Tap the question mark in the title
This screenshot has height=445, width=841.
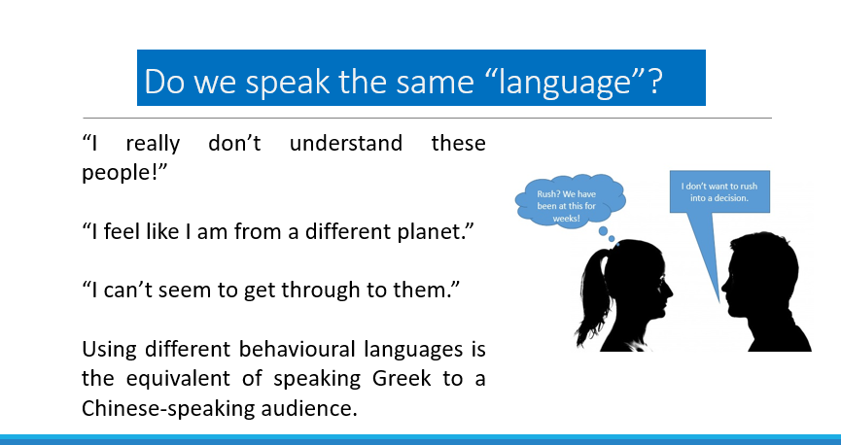[x=655, y=81]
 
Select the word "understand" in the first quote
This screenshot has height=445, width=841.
[x=346, y=143]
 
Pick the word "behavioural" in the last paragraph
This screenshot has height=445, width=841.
[x=297, y=349]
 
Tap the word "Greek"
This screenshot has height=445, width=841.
[x=402, y=379]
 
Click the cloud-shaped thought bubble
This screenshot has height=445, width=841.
[x=570, y=199]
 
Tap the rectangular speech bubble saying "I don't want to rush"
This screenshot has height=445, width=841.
[x=719, y=191]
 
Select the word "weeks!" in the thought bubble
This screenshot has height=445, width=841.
[x=567, y=219]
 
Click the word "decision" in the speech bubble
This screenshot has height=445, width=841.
[x=731, y=198]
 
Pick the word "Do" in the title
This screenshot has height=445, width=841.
[x=164, y=82]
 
